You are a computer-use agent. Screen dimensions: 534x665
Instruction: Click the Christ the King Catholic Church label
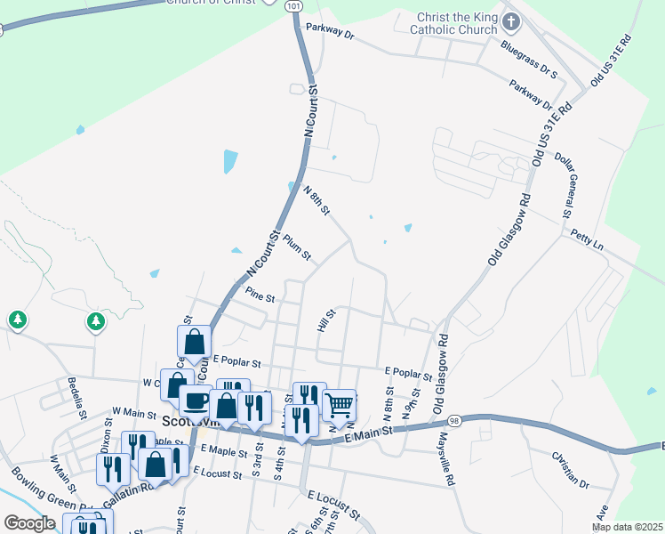[453, 23]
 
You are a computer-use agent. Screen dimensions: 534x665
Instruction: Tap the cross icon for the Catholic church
[510, 21]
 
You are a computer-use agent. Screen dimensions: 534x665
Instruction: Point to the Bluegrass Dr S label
[528, 59]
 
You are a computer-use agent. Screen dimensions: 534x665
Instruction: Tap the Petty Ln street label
[587, 238]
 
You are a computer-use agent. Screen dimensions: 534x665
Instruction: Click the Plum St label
[297, 247]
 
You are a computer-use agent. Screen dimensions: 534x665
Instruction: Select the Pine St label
[260, 294]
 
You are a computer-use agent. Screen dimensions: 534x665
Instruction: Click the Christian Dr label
[571, 471]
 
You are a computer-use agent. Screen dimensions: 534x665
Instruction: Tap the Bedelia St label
[76, 398]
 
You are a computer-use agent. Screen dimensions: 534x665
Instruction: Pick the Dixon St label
[106, 433]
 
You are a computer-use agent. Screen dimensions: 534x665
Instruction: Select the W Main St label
[134, 412]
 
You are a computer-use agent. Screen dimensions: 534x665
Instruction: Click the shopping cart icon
[340, 406]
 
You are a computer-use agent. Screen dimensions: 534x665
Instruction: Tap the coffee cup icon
[196, 401]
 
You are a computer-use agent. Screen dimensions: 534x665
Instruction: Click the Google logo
[30, 523]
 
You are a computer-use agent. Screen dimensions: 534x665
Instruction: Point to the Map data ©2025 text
[628, 527]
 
